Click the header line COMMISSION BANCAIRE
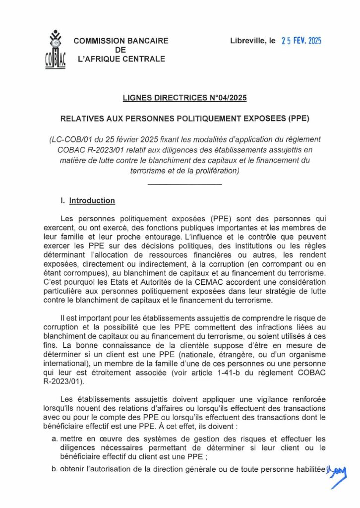click(x=120, y=41)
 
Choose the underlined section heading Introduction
click(x=92, y=201)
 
